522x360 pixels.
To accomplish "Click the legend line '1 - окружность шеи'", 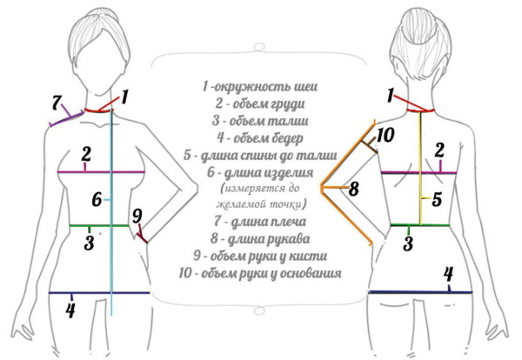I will tap(259, 87).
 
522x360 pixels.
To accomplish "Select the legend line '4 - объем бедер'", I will tap(259, 137).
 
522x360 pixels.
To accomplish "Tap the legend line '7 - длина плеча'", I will tap(259, 222).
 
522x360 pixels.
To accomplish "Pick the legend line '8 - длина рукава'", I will tap(259, 238).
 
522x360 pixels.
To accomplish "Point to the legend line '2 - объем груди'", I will tap(259, 104).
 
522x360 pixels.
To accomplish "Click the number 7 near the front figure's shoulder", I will tap(58, 103).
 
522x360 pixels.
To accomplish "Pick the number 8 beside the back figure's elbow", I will tap(353, 187).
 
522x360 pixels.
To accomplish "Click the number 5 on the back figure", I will tap(437, 198).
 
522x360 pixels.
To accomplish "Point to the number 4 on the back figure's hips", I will tap(448, 275).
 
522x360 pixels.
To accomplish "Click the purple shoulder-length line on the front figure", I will tap(65, 119).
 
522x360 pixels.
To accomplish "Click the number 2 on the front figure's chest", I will tap(86, 155).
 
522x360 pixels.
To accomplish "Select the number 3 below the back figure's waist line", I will tap(407, 242).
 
